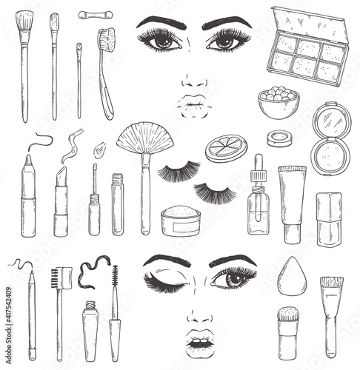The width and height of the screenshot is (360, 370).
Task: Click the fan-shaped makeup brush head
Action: pyautogui.click(x=145, y=138)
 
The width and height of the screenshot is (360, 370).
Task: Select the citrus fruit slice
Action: pyautogui.click(x=227, y=148)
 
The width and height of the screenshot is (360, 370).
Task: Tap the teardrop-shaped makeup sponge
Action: pyautogui.click(x=292, y=276)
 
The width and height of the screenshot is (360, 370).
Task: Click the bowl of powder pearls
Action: pyautogui.click(x=279, y=102)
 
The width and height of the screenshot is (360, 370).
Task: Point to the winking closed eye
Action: pyautogui.click(x=165, y=281)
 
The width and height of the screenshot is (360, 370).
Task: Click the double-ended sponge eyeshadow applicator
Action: pyautogui.click(x=96, y=15)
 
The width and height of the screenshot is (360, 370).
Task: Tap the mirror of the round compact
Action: pyautogui.click(x=332, y=120)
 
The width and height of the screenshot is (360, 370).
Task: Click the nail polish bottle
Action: pyautogui.click(x=329, y=219)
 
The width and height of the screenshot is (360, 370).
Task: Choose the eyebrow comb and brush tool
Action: pyautogui.click(x=61, y=314)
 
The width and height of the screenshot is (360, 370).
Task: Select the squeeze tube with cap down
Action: pyautogui.click(x=292, y=205)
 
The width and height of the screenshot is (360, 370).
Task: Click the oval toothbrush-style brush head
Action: pyautogui.click(x=107, y=39)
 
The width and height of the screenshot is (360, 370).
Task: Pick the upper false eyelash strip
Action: pyautogui.click(x=179, y=171)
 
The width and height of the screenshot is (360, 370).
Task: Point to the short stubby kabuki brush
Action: pyautogui.click(x=288, y=333)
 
